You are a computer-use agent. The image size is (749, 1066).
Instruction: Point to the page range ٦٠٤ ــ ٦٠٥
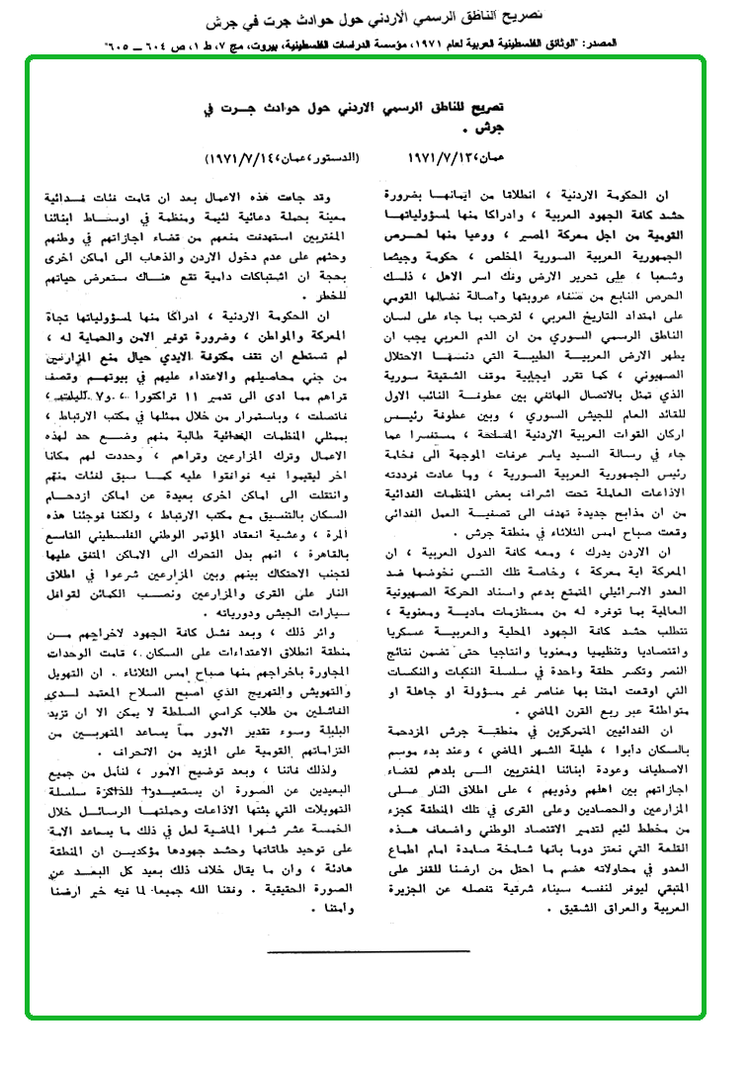(144, 45)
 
